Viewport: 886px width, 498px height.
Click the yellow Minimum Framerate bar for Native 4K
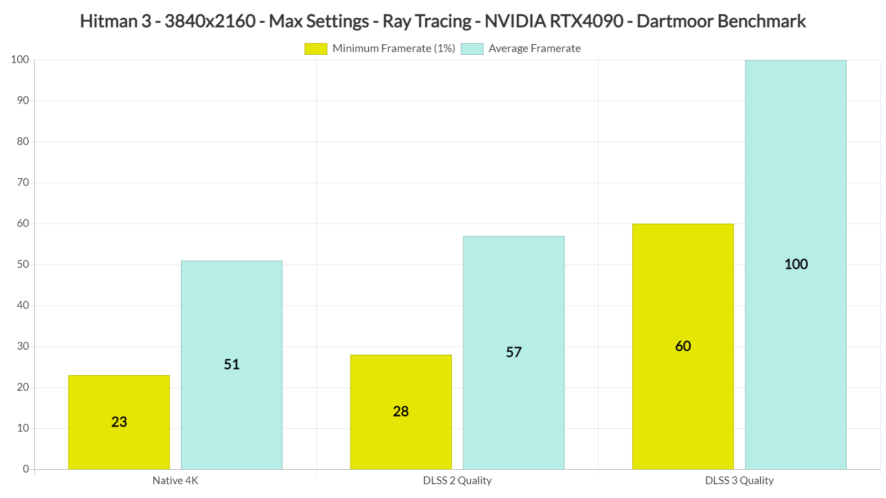119,398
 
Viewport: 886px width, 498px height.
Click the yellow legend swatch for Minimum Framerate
316,49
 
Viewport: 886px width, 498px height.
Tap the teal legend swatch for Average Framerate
472,49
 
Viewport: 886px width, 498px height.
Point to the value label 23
119,422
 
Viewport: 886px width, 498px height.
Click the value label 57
513,352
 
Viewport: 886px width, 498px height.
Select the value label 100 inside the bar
796,264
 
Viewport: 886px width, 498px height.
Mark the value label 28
401,412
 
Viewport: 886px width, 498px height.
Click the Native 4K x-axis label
175,480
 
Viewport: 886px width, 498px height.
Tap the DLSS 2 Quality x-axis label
457,480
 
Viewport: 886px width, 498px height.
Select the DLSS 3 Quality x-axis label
739,480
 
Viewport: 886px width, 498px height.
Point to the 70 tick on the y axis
23,183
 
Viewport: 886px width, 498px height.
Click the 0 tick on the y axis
25,469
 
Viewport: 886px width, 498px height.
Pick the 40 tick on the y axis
23,305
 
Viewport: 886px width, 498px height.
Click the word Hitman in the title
109,21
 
